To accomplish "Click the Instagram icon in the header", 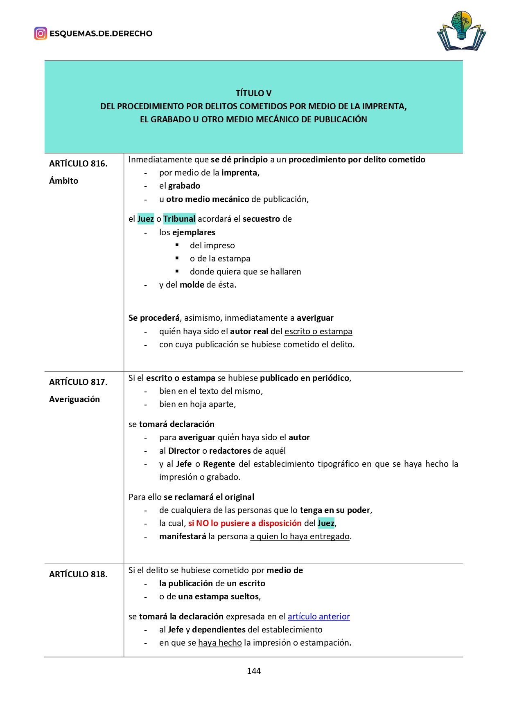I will (41, 33).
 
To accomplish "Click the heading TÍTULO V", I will (253, 93).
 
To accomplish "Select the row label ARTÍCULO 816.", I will (78, 164).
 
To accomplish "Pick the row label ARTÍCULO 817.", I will (78, 382).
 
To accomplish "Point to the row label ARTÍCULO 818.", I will (78, 574).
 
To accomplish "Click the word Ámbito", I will (63, 181).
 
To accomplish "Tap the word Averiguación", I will (75, 399).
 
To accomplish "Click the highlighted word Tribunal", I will (179, 219).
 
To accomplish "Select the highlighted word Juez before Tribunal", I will (145, 219).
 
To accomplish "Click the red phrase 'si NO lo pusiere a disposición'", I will (245, 523).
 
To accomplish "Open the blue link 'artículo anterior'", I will (318, 617).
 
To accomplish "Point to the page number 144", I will (254, 671).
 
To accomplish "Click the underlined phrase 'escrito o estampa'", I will (318, 331).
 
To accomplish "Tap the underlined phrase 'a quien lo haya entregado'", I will (300, 536).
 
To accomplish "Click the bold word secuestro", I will (261, 219).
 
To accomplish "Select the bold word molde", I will (192, 285).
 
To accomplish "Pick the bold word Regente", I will (219, 464).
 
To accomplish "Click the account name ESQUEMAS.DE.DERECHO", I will (101, 34).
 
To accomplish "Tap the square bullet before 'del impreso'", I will (177, 245).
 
